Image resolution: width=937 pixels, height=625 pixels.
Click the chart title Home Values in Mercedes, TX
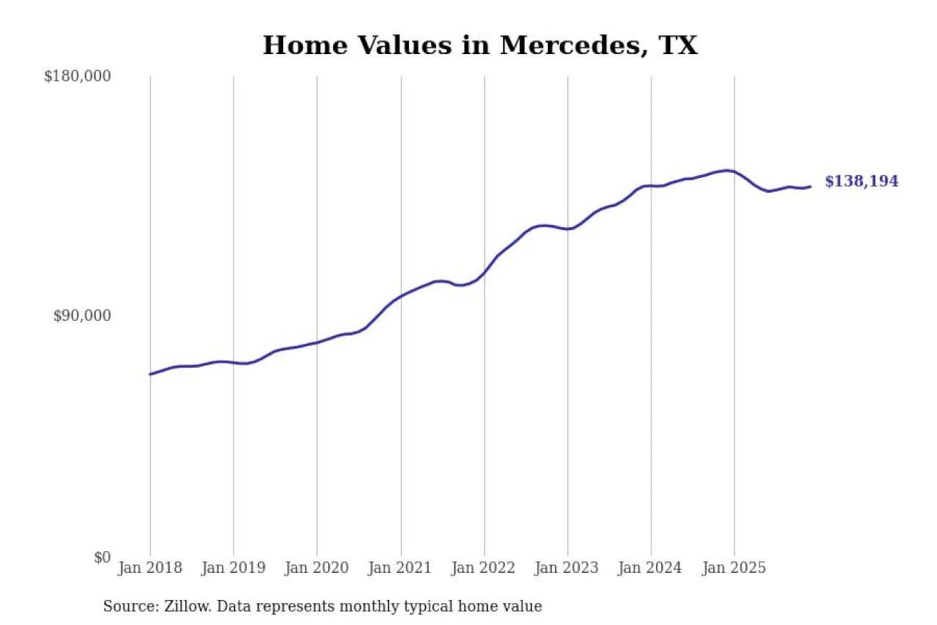(x=480, y=46)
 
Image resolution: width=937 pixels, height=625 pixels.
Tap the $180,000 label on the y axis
(x=77, y=76)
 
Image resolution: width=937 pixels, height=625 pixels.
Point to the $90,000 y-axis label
(x=82, y=316)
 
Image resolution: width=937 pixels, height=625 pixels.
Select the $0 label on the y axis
(x=102, y=557)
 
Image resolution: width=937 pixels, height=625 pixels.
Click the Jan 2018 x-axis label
(x=150, y=568)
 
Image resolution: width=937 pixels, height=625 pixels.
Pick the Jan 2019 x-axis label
(x=233, y=568)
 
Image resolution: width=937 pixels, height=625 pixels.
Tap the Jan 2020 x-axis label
(x=316, y=568)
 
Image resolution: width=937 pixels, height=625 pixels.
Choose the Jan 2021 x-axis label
(x=400, y=568)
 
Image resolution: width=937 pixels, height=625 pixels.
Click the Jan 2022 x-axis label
(x=483, y=568)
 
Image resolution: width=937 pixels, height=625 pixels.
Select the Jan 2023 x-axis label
(x=566, y=568)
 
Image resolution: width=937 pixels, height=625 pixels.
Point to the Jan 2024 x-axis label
(x=649, y=568)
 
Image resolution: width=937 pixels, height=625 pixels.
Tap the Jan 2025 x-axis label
(x=733, y=568)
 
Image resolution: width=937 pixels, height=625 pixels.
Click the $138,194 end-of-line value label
(x=862, y=181)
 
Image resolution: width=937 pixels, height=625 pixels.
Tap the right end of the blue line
(x=810, y=187)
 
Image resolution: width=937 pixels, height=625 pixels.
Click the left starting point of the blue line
(x=150, y=374)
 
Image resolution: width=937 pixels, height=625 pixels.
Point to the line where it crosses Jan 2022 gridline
(x=484, y=272)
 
